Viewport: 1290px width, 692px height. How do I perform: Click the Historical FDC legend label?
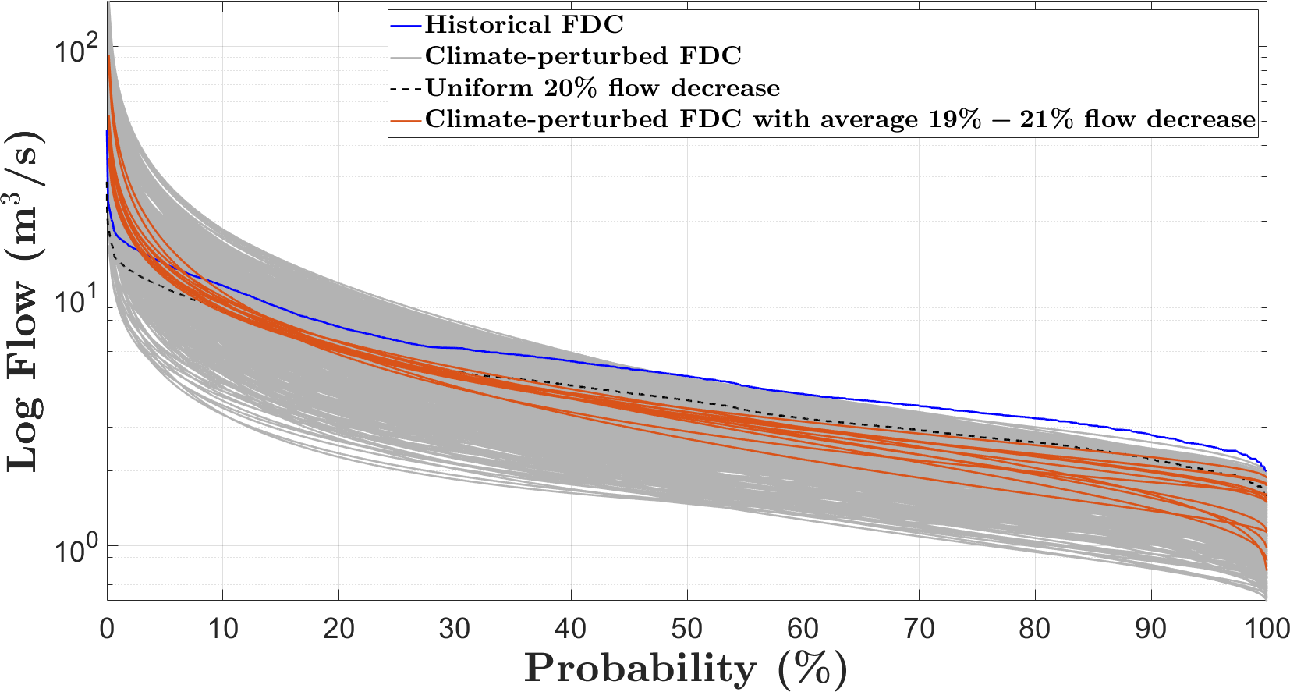tap(524, 25)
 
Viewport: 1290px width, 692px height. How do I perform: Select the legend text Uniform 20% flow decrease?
tap(602, 87)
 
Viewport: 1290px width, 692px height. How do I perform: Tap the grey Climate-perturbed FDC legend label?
tap(583, 56)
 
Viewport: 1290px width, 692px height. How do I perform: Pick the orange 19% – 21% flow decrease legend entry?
tap(840, 119)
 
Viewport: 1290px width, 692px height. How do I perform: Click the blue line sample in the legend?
tap(406, 25)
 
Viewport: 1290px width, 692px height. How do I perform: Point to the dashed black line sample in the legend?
tap(406, 87)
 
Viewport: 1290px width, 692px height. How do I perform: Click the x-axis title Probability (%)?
tap(686, 669)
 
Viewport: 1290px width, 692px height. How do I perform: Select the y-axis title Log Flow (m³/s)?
tap(25, 300)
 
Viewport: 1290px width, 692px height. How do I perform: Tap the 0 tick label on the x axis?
tap(107, 629)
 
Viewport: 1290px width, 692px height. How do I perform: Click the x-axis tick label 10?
tap(222, 629)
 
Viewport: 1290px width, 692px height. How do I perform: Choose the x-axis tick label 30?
tap(455, 629)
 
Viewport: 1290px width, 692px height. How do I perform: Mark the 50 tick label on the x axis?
tap(686, 629)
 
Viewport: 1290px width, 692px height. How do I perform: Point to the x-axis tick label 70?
tap(919, 629)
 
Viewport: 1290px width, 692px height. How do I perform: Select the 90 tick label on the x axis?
tap(1150, 629)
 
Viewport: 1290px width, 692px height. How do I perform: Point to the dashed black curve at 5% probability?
tap(165, 282)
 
